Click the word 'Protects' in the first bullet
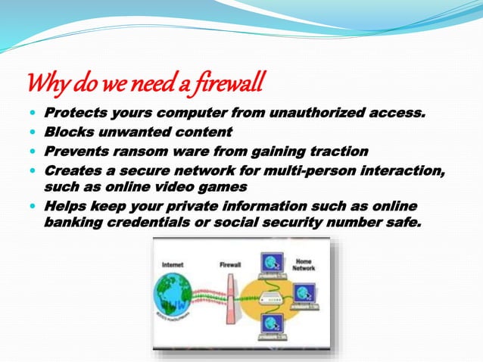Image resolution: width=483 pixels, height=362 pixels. [x=74, y=114]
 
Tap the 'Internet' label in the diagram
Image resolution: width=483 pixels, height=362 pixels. [x=173, y=265]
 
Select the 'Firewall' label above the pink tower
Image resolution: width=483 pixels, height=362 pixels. [x=230, y=265]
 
